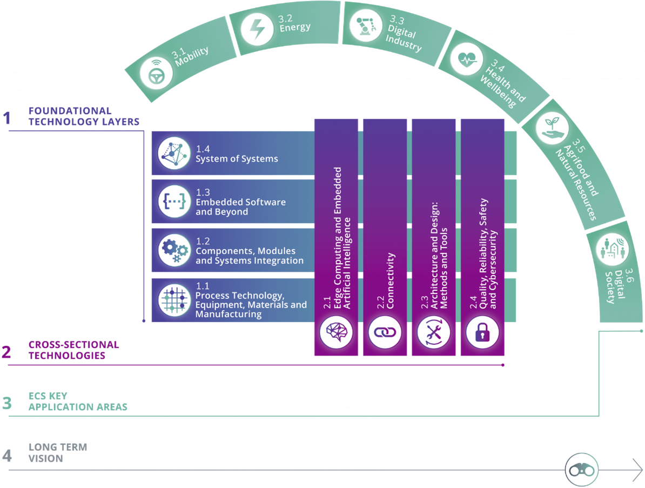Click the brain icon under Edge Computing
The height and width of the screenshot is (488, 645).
(336, 332)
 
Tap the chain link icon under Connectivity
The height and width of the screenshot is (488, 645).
(385, 332)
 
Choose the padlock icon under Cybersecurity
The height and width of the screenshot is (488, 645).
(482, 332)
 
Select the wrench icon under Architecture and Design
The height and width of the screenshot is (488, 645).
(433, 332)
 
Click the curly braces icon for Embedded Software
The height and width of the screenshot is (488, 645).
(174, 202)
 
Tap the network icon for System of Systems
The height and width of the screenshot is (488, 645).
(174, 153)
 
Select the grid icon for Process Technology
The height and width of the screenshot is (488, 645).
(174, 299)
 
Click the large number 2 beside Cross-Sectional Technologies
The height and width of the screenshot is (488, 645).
(7, 352)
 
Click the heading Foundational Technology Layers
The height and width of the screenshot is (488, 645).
(84, 116)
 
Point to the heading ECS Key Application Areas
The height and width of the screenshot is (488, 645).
(78, 402)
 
